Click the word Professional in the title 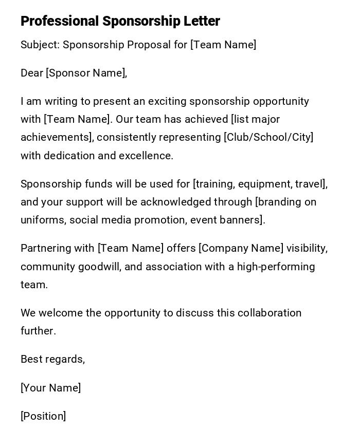pos(59,21)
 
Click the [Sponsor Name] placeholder pos(86,73)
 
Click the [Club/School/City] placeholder pos(268,137)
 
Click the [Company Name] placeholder pos(241,248)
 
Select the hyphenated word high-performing pos(276,267)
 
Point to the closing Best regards pos(52,359)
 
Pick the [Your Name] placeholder pos(50,388)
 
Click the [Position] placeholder pos(43,416)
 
